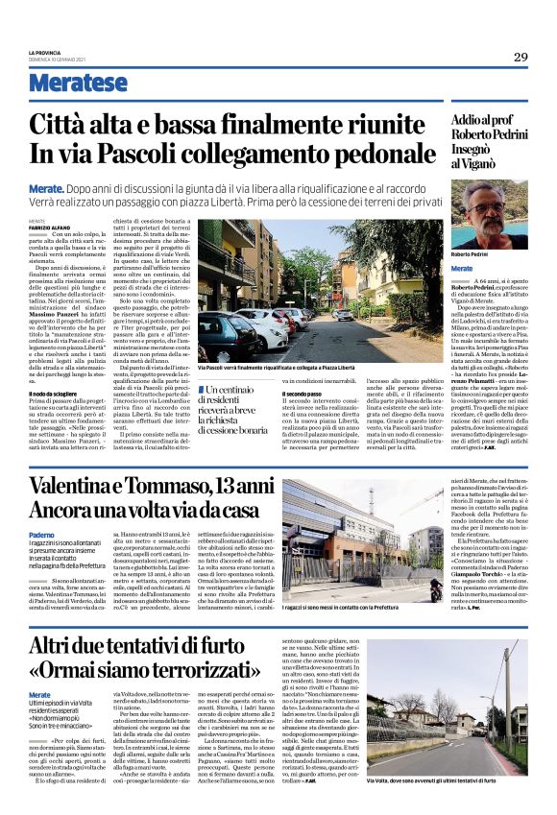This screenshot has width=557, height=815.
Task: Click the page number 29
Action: point(520,57)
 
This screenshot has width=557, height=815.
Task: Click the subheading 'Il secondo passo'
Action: point(328,395)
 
